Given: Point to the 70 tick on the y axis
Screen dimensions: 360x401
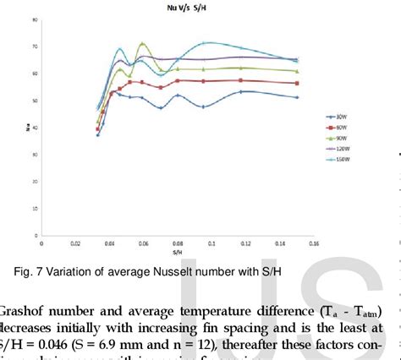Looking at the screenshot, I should pos(33,46).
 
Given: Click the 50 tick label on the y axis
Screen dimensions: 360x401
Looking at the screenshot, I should pos(33,101).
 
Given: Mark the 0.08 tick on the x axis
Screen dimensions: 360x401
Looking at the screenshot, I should pos(177,244).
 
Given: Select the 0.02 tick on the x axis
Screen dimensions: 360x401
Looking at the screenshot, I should pos(75,244).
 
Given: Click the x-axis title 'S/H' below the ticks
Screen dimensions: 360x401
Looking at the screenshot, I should pos(177,252).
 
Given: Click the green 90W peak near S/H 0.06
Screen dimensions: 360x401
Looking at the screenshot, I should pos(142,44).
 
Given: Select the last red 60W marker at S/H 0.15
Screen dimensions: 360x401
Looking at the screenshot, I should pos(295,83).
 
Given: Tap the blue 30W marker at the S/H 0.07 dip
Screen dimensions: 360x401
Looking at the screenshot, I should pos(161,107).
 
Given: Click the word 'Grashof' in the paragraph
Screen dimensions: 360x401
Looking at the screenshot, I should pos(25,311).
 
